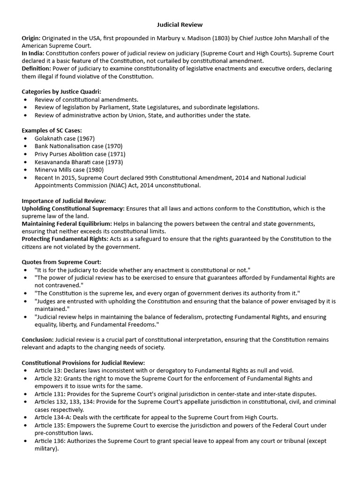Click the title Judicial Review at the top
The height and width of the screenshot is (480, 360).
click(x=180, y=24)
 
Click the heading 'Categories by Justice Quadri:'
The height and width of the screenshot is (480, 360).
click(x=61, y=91)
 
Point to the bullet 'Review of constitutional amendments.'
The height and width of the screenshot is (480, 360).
click(x=86, y=99)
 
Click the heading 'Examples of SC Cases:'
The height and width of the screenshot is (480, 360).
click(x=52, y=130)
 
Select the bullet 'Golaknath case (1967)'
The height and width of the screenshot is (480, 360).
click(x=64, y=138)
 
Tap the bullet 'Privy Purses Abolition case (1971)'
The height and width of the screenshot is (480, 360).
click(x=80, y=154)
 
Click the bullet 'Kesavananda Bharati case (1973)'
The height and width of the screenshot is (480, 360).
click(x=78, y=162)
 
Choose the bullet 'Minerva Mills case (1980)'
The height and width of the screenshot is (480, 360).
click(x=69, y=170)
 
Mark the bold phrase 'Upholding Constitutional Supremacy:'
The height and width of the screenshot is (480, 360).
click(x=73, y=208)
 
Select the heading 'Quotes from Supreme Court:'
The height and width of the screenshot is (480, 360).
click(x=61, y=262)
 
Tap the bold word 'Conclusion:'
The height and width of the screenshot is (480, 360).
click(x=38, y=339)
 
